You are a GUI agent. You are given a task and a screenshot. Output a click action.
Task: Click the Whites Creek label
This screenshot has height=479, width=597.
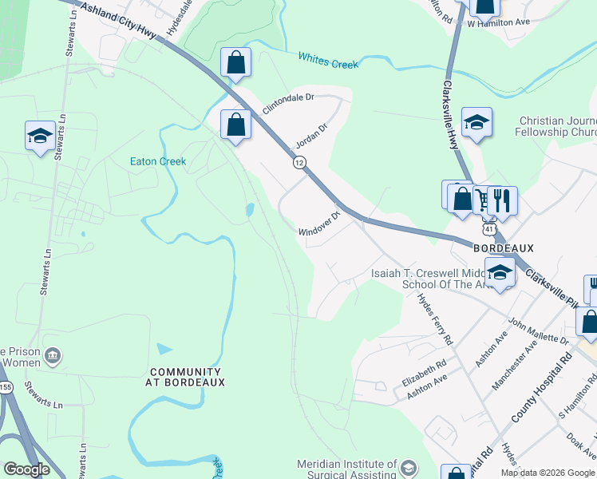pos(328,60)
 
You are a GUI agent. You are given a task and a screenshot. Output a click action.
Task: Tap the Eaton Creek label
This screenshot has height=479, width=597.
pos(158,161)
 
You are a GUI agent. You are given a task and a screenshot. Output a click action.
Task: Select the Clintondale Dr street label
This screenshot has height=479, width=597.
pos(290,103)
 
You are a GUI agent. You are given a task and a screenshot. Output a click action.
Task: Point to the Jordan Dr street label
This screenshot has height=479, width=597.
pos(312,132)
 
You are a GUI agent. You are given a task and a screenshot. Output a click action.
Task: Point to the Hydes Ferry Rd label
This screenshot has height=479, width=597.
pos(436,319)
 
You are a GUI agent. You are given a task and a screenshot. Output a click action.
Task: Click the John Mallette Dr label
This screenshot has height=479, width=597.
pos(538,331)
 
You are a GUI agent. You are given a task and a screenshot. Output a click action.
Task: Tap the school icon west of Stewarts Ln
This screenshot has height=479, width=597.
pos(39,135)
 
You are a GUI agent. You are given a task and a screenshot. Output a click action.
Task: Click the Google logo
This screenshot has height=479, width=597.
pos(26,469)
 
